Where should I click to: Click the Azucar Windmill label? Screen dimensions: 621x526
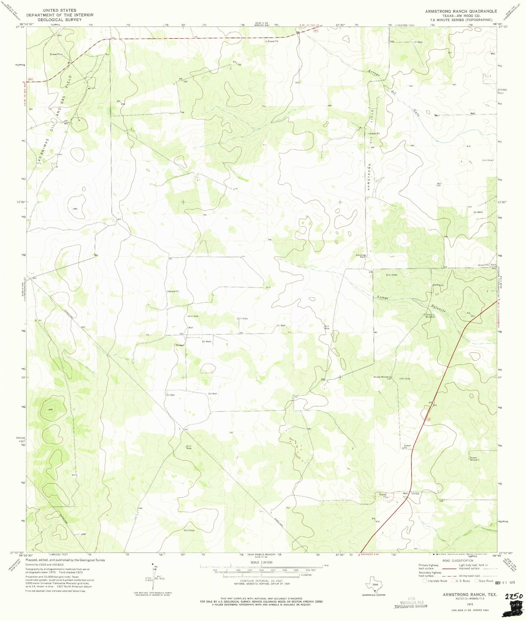pos(382,377)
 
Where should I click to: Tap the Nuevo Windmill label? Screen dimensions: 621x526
pos(474,458)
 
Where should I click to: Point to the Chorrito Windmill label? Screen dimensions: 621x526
pos(430,316)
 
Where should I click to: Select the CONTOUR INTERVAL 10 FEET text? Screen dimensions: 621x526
pos(259,581)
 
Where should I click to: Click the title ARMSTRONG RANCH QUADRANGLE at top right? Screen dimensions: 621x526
pos(461,11)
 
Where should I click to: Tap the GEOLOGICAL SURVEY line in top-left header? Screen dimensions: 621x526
pos(60,20)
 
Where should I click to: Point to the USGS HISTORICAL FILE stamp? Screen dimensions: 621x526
pos(411,603)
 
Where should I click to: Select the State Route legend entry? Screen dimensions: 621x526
pos(485,581)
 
